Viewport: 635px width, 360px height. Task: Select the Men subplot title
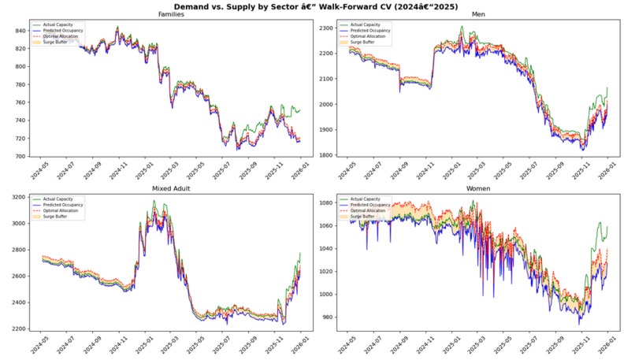(x=478, y=15)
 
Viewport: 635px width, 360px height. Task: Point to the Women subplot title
(x=478, y=189)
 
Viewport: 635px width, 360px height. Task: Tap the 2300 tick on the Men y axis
(x=325, y=28)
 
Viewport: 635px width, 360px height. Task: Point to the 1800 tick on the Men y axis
(x=325, y=155)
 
